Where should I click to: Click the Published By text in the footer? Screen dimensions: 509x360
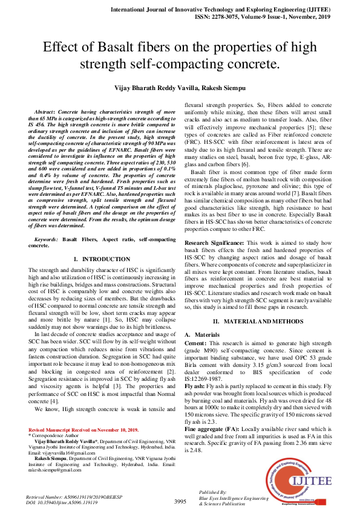[x=212, y=493]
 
